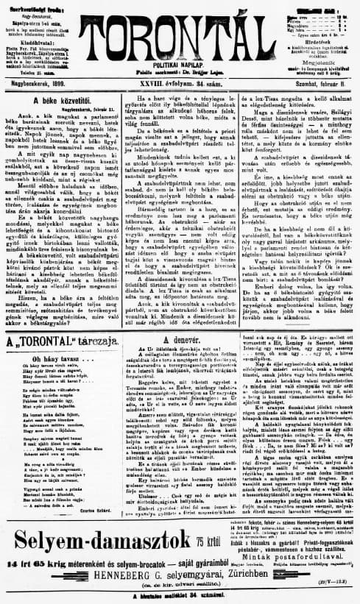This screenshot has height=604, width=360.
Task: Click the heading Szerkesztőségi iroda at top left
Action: (x=33, y=4)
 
